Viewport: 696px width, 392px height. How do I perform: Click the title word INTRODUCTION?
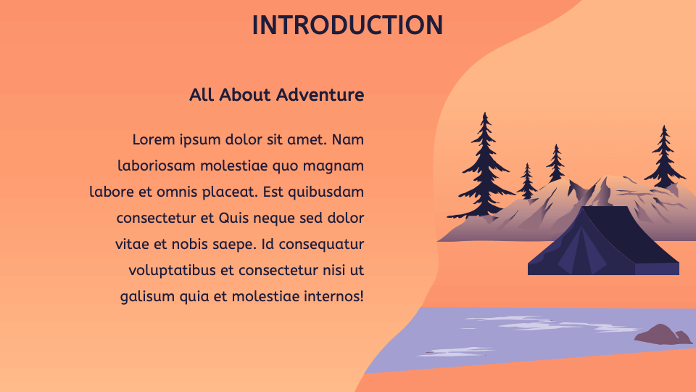tap(347, 25)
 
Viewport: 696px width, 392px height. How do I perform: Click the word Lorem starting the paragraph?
tap(154, 139)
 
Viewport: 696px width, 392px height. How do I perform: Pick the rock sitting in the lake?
tap(662, 335)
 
